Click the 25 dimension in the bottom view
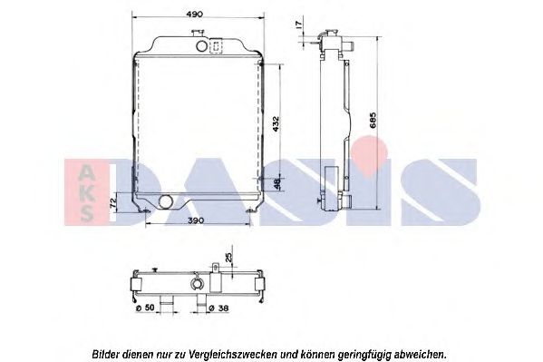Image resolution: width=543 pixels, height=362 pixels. (x=228, y=259)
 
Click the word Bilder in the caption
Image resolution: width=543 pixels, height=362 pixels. (x=107, y=352)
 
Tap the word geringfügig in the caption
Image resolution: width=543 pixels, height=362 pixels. (x=367, y=352)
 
